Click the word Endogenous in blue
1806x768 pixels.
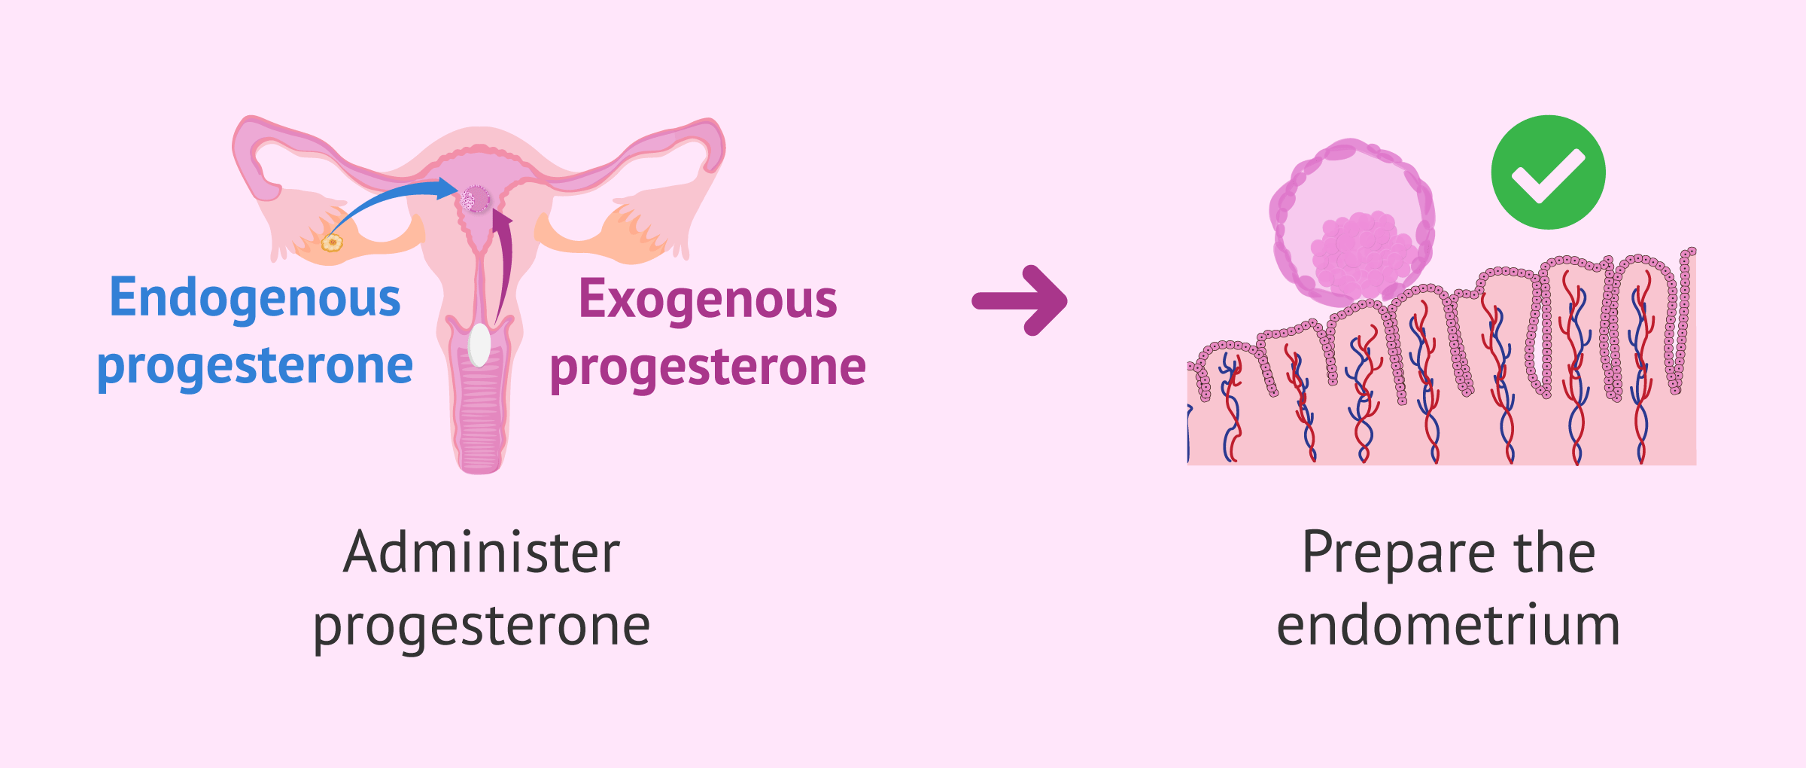255,298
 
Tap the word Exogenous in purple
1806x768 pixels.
707,300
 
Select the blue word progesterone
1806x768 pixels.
255,367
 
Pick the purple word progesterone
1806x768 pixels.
707,368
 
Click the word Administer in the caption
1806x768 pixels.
482,553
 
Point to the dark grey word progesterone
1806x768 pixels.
482,626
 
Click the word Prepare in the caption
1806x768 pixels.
1397,554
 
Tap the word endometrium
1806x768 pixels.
1448,626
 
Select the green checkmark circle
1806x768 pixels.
1548,172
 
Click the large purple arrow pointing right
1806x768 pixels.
1020,300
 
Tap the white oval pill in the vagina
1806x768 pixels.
479,345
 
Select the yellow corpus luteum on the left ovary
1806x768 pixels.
332,242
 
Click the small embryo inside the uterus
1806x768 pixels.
476,200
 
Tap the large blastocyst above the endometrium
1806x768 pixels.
1351,222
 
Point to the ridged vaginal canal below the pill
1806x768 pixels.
480,422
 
